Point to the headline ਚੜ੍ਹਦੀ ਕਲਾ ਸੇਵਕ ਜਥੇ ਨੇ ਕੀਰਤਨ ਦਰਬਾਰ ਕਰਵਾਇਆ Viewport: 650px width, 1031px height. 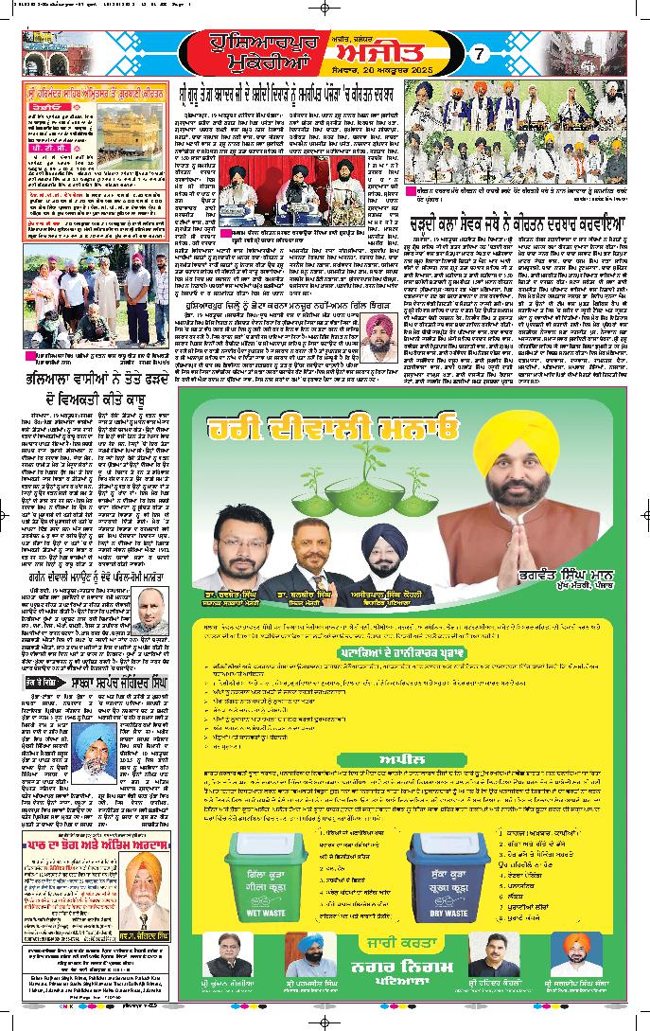[511, 224]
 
